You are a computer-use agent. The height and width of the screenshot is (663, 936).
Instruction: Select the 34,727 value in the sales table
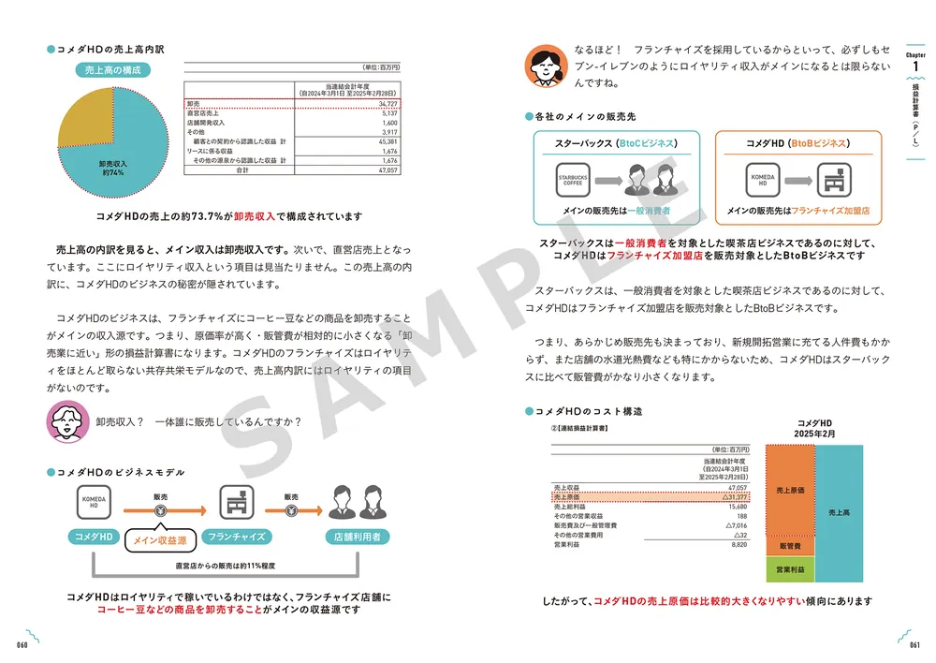click(388, 102)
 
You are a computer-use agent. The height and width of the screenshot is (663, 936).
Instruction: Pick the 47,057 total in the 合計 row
click(387, 170)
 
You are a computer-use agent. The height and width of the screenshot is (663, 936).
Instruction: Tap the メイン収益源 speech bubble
click(159, 539)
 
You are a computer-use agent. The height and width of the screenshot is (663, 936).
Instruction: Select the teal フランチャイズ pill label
click(237, 537)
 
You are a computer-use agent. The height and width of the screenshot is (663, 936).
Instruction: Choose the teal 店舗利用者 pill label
click(357, 537)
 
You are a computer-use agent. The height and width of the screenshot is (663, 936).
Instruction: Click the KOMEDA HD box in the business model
click(94, 503)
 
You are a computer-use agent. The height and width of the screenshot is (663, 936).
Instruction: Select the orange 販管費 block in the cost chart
click(788, 545)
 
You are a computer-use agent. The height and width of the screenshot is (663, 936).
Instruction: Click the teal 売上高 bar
click(840, 512)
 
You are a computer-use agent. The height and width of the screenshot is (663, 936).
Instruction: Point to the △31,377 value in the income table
click(733, 497)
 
